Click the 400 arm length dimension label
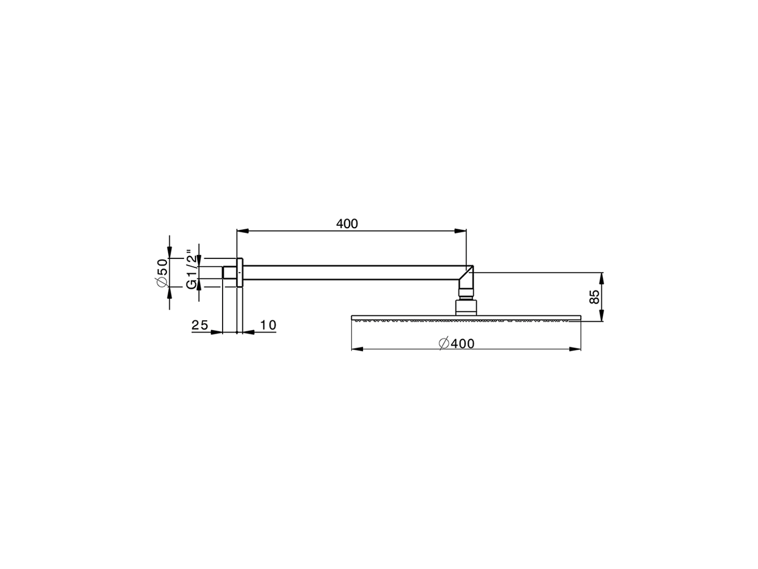tap(347, 223)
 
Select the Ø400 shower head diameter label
tap(457, 343)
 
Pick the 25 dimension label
tap(200, 325)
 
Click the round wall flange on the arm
tap(239, 273)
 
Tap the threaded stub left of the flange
tap(229, 273)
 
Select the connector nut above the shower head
tap(465, 306)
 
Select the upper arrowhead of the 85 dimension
tap(601, 277)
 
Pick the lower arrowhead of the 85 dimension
tap(601, 318)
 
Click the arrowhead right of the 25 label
tap(217, 332)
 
